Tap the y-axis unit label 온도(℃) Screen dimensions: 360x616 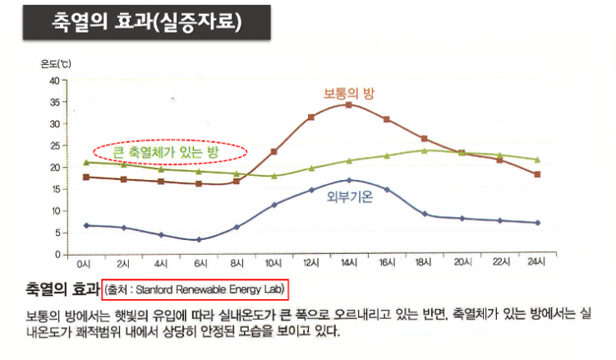coord(57,64)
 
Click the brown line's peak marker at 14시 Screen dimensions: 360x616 coord(349,105)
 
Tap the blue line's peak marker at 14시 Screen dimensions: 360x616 coord(349,180)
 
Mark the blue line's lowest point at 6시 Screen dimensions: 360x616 coord(198,240)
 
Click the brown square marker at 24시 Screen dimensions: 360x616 coord(560,174)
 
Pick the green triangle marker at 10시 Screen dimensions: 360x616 coord(274,176)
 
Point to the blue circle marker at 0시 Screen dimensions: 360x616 coord(85,225)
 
